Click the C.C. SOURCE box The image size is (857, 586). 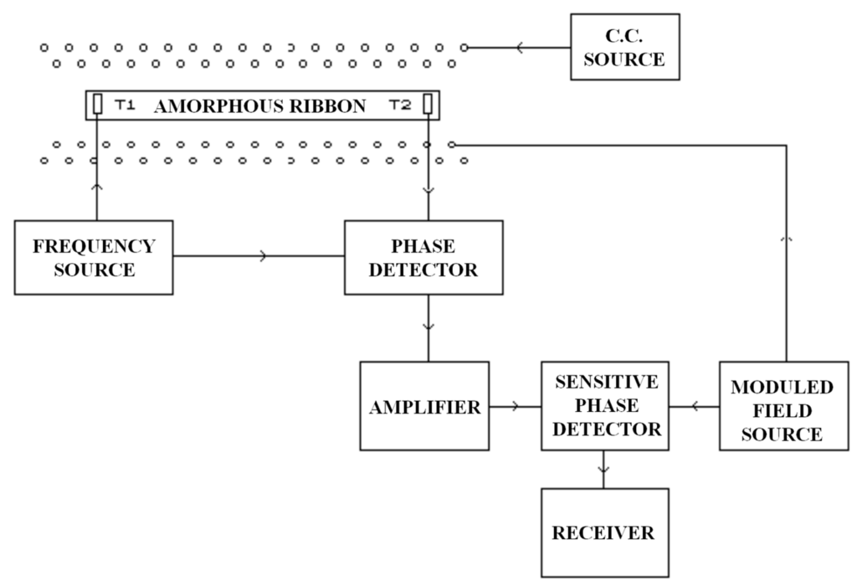[624, 47]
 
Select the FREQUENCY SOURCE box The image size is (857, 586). [94, 257]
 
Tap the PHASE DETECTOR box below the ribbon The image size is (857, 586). [423, 257]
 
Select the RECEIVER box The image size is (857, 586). [604, 532]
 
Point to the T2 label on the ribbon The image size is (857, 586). [401, 105]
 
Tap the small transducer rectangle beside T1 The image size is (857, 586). [97, 105]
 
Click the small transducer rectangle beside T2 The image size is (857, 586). [428, 105]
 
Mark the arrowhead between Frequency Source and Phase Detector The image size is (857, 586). [265, 257]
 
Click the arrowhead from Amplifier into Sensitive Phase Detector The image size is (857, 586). [514, 408]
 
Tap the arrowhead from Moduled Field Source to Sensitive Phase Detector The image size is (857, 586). [695, 408]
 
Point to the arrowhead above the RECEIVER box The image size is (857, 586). [604, 470]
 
